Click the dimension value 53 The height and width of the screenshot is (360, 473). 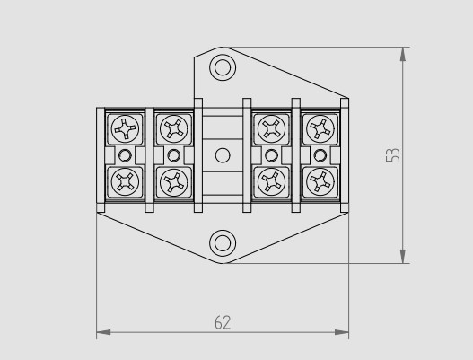[x=392, y=155]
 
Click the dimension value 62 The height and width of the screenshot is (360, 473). [x=221, y=322]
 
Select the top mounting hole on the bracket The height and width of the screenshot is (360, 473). [x=221, y=67]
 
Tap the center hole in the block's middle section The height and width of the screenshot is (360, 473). [x=221, y=155]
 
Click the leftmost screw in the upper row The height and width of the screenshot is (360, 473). [x=123, y=130]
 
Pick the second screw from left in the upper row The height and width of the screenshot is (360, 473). [x=171, y=130]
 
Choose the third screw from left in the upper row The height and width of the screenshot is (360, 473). [x=269, y=130]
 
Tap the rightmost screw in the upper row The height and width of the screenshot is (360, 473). [x=318, y=130]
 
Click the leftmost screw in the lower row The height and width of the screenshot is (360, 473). [x=123, y=181]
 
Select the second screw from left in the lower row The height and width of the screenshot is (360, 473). [x=171, y=181]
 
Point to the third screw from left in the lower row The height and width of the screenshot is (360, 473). [x=269, y=181]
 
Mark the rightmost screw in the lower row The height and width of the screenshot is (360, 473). [x=318, y=181]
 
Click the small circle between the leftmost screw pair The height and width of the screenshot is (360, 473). [x=123, y=156]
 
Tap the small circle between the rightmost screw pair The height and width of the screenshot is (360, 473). [x=318, y=156]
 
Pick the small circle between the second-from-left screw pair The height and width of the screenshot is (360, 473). [x=171, y=156]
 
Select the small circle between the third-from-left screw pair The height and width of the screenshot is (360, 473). [x=269, y=156]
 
